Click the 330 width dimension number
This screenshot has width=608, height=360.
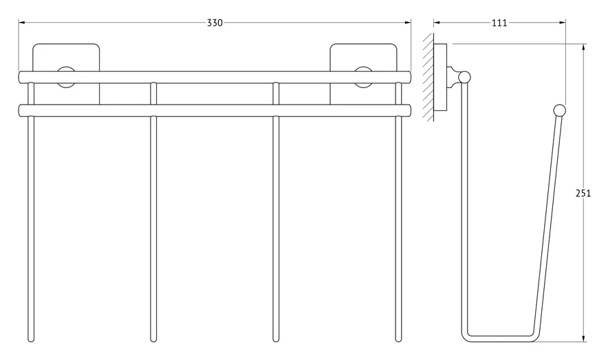(215, 23)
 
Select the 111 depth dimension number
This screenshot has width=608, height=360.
(499, 23)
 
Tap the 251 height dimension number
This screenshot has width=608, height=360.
(583, 193)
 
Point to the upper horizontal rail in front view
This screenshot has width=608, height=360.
(215, 77)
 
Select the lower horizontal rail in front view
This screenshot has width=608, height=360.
(215, 110)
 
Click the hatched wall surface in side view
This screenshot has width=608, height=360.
(428, 77)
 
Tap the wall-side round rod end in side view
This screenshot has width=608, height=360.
(464, 77)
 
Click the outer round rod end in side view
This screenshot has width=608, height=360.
(560, 111)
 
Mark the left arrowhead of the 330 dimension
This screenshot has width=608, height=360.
(21, 23)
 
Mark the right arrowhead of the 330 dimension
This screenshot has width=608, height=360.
(408, 23)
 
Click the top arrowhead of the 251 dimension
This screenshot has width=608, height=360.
(583, 47)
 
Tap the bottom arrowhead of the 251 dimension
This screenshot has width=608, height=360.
(583, 339)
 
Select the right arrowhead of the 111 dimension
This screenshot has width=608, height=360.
(562, 23)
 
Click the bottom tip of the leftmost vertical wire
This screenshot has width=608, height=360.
(31, 342)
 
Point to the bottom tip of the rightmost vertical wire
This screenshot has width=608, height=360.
(398, 342)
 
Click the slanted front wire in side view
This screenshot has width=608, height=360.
(547, 225)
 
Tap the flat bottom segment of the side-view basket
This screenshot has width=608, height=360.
(500, 339)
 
